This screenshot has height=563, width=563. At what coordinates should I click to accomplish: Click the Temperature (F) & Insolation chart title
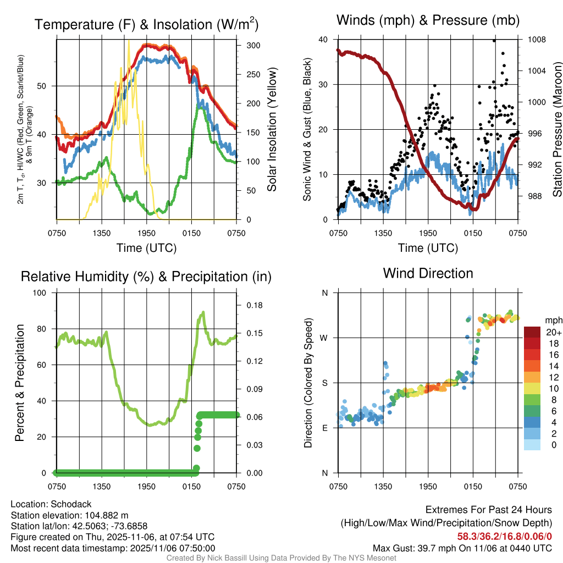(146, 25)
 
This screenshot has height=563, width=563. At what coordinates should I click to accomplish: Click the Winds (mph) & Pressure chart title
(428, 20)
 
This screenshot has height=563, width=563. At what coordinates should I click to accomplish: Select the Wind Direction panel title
(428, 273)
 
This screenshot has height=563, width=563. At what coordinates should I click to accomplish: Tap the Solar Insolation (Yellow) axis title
(272, 129)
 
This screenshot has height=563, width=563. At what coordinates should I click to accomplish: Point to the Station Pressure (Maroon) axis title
(556, 129)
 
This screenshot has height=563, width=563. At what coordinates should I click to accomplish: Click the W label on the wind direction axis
(324, 338)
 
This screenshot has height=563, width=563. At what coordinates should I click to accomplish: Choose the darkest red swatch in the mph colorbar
(532, 332)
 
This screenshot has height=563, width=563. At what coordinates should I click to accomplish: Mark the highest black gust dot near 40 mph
(494, 40)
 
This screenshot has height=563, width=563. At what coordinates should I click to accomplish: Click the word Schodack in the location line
(71, 504)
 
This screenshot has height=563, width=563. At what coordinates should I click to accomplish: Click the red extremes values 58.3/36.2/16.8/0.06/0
(504, 537)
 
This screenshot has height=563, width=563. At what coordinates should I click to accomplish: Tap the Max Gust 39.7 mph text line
(462, 548)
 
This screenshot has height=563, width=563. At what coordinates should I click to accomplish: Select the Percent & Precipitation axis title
(19, 383)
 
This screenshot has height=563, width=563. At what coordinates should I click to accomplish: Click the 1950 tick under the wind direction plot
(428, 486)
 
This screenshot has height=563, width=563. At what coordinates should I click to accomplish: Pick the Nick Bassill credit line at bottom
(281, 558)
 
